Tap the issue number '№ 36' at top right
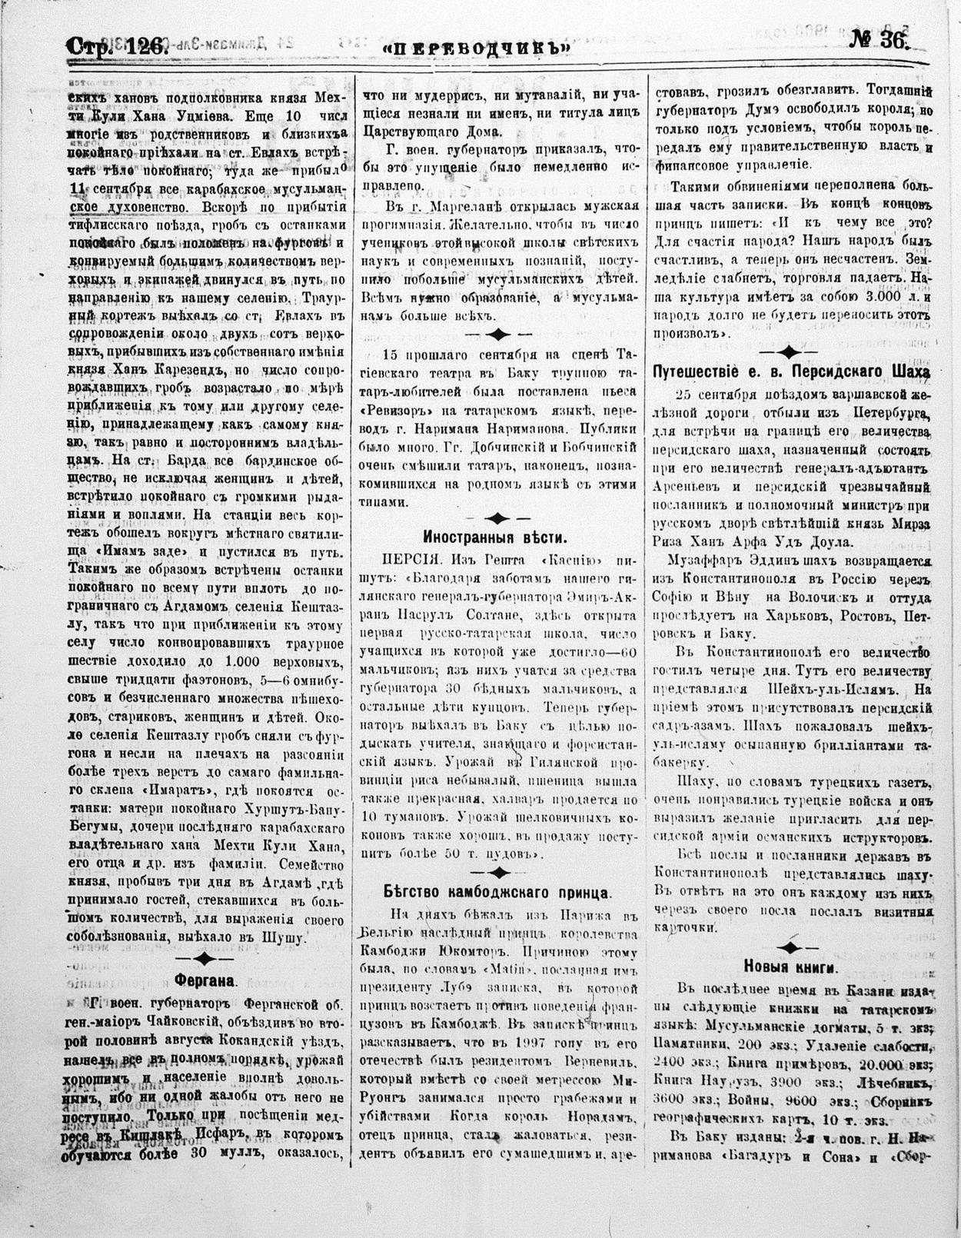880,42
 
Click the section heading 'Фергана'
204,981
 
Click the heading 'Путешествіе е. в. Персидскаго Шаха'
791,372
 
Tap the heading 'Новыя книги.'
791,967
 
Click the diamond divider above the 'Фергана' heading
203,958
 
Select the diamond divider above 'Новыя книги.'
791,945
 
